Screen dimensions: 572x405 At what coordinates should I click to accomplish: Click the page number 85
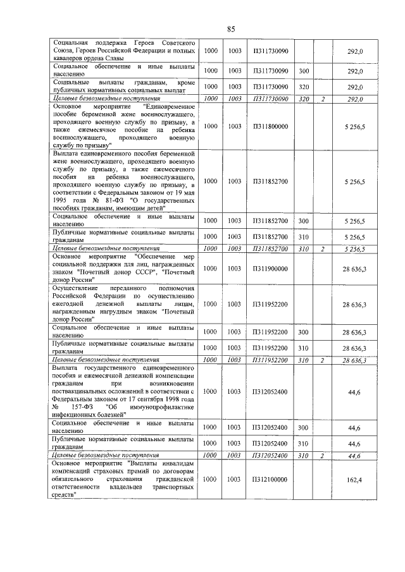(x=230, y=29)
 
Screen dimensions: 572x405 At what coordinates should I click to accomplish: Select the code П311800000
(x=270, y=126)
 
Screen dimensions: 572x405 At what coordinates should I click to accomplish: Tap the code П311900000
(x=270, y=269)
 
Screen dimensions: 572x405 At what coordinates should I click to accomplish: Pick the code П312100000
(x=270, y=480)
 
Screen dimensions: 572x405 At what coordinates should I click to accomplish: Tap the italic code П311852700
(x=270, y=250)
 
